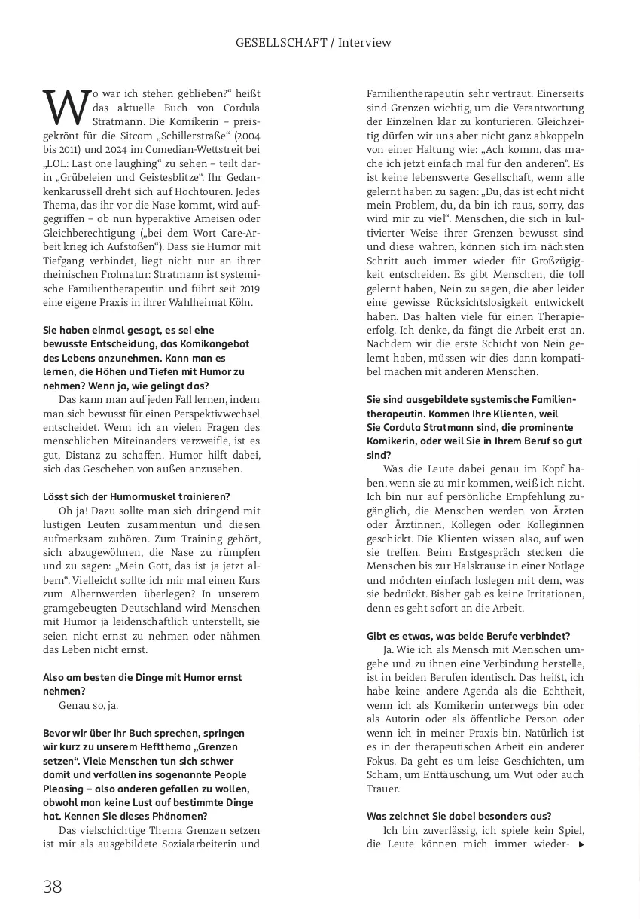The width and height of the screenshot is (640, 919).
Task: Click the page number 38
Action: pos(53,887)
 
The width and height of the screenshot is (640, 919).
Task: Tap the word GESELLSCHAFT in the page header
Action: pos(281,43)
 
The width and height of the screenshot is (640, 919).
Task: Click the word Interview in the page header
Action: pos(364,43)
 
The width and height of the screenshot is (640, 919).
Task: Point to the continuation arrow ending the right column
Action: pos(581,844)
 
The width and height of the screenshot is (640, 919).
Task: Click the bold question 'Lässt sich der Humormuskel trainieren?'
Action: pos(136,496)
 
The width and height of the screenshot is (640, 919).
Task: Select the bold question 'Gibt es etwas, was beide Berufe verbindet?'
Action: pos(468,636)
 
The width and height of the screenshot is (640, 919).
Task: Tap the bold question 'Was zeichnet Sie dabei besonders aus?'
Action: pos(459,816)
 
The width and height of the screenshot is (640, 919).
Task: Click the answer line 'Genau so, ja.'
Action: pos(88,705)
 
